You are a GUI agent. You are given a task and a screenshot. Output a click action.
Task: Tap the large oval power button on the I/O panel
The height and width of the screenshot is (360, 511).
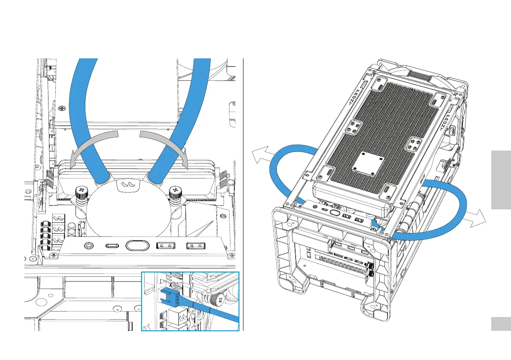pos(137,245)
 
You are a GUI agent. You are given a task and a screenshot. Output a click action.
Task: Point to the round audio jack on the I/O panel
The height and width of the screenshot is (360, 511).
pos(88,246)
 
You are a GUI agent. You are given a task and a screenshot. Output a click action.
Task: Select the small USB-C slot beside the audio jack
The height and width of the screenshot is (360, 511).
pos(112,246)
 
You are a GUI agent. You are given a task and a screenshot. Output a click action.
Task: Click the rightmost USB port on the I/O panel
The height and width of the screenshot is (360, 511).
pos(197,246)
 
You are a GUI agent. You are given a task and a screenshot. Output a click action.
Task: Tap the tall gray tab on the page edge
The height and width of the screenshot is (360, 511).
pos(500,179)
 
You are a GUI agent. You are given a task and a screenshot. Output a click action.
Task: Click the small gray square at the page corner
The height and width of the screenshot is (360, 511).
pos(500,324)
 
